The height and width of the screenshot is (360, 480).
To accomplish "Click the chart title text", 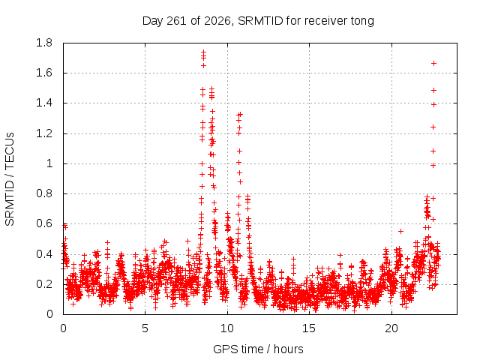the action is [x=258, y=21].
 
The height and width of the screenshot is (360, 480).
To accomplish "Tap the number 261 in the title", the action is [x=177, y=21].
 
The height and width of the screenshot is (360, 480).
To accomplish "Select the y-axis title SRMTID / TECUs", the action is [x=10, y=179].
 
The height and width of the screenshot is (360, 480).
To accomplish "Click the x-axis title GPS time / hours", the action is [x=258, y=349].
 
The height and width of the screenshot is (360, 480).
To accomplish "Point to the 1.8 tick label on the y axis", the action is [x=44, y=43].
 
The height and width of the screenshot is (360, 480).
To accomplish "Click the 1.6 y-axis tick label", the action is [x=44, y=73].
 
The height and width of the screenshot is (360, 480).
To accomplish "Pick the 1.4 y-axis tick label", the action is [x=44, y=103].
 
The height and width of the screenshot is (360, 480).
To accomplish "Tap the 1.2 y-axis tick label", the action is [x=44, y=133].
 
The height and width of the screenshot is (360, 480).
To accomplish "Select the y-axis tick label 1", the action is [x=49, y=163].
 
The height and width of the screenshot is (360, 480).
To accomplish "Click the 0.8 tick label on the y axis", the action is [x=44, y=193].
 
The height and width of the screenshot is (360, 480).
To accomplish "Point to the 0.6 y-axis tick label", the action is [x=44, y=223].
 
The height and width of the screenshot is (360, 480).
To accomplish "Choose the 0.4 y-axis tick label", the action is [x=44, y=254].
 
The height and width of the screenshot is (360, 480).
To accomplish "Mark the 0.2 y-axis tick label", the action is [x=44, y=284].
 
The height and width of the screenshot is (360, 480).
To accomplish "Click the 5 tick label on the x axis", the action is [x=145, y=328].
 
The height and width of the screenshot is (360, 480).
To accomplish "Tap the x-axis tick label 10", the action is [x=227, y=328].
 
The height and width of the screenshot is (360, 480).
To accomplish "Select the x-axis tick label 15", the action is [x=309, y=328].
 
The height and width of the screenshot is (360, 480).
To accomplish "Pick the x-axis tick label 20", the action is [x=391, y=328].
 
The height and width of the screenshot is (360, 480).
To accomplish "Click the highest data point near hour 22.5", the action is [x=433, y=63].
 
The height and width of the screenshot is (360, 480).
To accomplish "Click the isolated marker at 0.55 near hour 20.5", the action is [x=400, y=231].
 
